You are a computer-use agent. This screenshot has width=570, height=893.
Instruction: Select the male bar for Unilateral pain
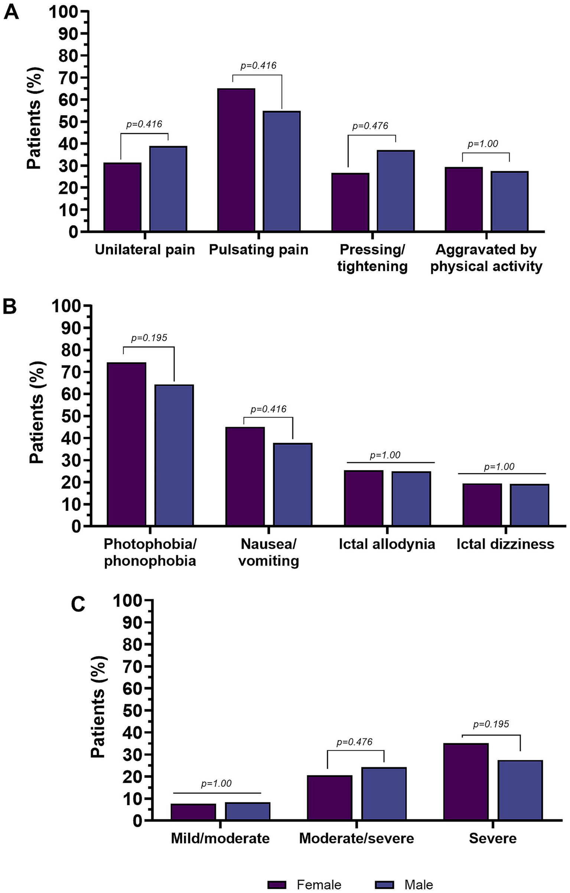tap(168, 189)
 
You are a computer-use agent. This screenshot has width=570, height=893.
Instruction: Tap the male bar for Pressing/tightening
tap(395, 191)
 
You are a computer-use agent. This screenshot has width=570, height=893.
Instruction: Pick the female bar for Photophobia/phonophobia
tap(126, 444)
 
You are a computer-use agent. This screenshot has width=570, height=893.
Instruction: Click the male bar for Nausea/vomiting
tap(293, 485)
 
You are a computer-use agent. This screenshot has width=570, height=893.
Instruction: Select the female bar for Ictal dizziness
tap(482, 505)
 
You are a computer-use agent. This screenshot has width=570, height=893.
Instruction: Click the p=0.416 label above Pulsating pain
tap(258, 66)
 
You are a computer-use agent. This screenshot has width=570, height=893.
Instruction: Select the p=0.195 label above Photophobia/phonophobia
tap(149, 338)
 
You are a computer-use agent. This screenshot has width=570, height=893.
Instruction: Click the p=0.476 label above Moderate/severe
tap(354, 742)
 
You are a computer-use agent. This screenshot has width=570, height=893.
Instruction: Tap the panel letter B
tap(10, 307)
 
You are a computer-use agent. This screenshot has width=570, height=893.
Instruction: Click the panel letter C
tap(78, 604)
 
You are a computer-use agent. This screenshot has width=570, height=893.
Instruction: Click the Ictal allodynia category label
tap(387, 544)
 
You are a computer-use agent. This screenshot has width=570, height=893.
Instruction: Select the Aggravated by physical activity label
tap(486, 258)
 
